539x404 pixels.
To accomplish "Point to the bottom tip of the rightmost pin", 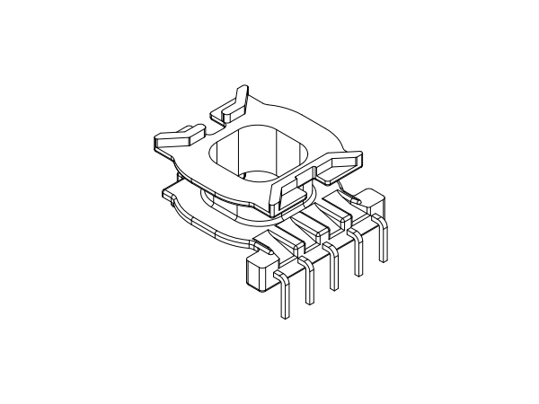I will click(384, 260).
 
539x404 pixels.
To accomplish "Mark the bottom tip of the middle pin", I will click(335, 287).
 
